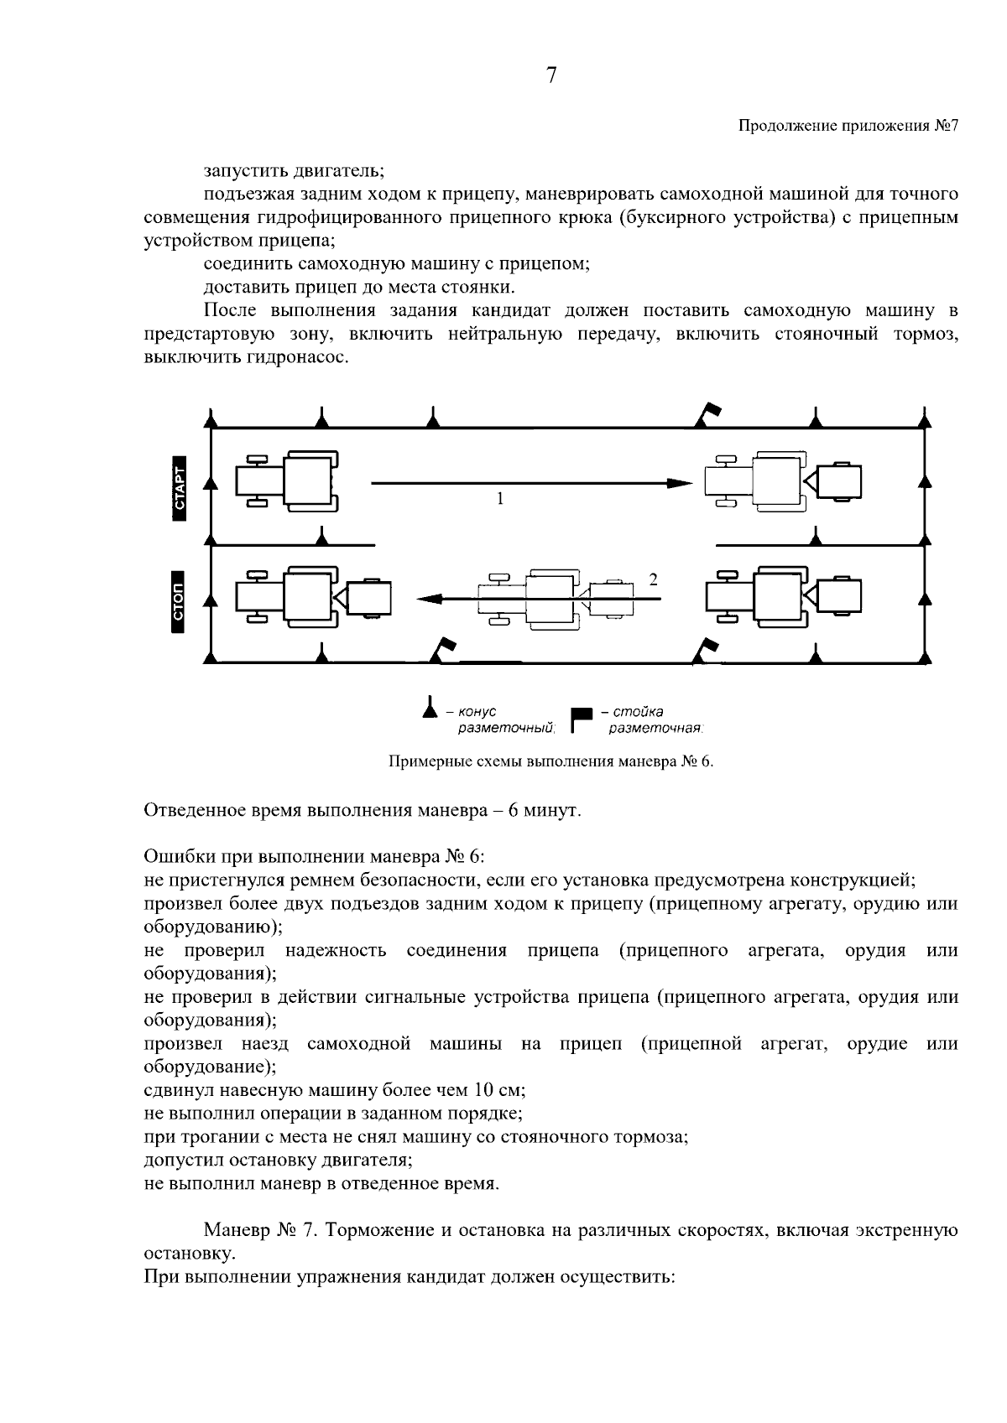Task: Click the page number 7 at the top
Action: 551,76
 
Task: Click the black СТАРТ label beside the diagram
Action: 179,489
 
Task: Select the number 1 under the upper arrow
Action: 500,499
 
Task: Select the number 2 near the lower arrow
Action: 653,579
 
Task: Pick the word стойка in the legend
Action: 638,712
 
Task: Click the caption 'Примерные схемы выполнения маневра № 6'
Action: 550,762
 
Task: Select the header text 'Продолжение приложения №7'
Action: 848,127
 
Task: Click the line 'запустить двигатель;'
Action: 293,171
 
